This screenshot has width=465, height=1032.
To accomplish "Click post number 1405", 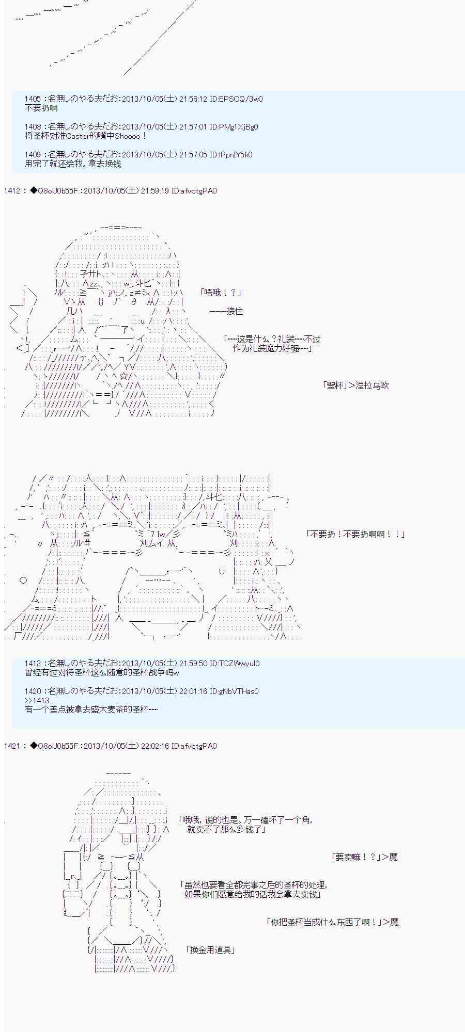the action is pos(33,99).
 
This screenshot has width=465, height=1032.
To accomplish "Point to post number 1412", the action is pos(12,191).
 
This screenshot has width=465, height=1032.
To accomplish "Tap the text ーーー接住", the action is pos(226,311).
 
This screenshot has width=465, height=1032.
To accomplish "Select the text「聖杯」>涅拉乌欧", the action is pos(355,385).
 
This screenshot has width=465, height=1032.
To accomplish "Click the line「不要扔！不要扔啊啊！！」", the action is pos(355,534).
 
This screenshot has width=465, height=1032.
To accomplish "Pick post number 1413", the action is pos(33,664).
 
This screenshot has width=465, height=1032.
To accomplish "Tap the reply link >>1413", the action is pos(37,701).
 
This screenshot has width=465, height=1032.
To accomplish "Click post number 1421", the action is pos(12,746).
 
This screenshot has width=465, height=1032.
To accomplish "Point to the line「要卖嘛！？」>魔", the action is pos(364,857).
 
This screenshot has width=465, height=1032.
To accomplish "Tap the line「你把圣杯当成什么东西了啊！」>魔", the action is pos(332,922).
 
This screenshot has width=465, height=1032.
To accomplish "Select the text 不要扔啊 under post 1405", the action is pos(41,108).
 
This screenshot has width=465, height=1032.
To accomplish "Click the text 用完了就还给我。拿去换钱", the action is pos(73,164).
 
